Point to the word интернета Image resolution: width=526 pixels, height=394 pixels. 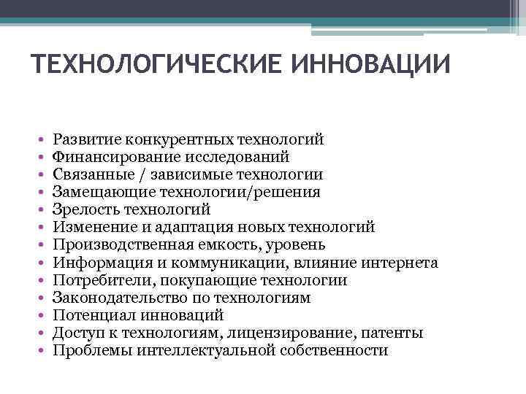pos(401,263)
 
